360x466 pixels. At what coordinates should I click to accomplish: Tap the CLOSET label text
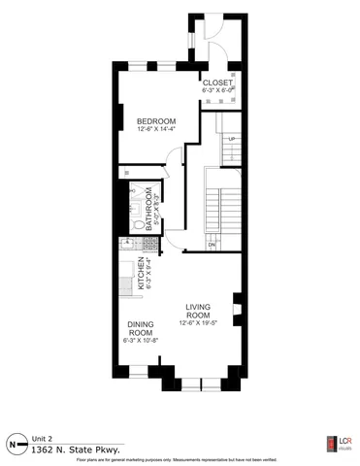tap(217, 83)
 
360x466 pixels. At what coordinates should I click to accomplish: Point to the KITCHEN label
tap(141, 275)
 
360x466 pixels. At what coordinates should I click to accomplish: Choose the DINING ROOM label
tap(141, 329)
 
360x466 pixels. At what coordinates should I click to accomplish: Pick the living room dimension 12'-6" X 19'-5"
tap(199, 324)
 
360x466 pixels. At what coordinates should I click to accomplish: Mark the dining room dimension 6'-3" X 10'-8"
tap(141, 341)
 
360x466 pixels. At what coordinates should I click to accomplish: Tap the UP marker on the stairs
tap(231, 140)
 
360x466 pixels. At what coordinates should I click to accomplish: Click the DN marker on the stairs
tap(212, 245)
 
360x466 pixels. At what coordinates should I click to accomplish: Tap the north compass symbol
tap(15, 445)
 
